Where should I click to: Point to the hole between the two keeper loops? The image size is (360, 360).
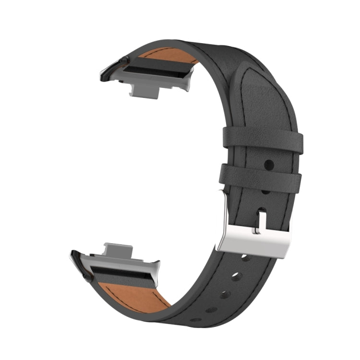click(269, 165)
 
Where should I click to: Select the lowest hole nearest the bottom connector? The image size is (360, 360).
click(194, 320)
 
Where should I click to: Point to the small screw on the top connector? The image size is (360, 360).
click(126, 60)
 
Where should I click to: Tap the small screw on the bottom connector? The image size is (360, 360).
click(85, 277)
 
